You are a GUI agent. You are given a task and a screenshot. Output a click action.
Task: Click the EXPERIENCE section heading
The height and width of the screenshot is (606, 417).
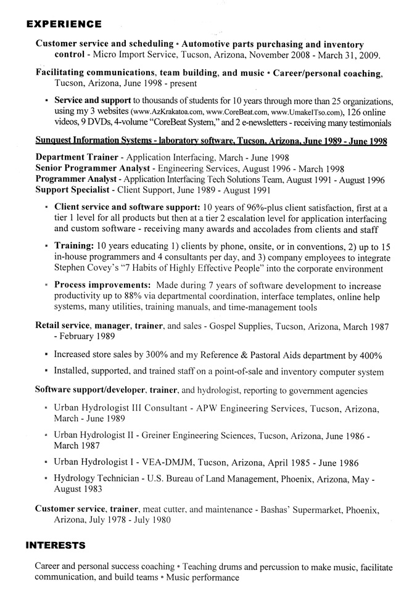tap(64, 25)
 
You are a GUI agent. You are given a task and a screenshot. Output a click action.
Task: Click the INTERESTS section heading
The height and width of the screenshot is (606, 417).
tap(55, 546)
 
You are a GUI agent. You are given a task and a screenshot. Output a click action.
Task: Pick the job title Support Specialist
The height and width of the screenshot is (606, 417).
tap(72, 190)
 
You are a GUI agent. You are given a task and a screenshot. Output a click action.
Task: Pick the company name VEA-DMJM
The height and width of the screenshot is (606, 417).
tap(167, 462)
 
